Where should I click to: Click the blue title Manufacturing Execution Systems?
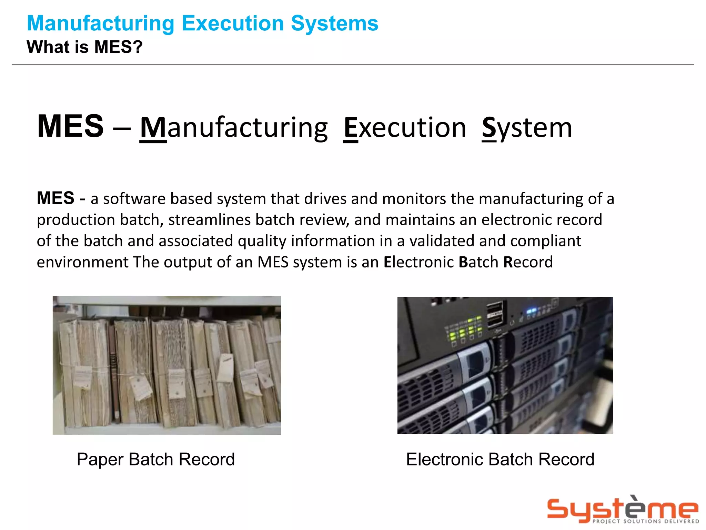[x=202, y=23]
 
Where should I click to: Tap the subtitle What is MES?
[x=84, y=47]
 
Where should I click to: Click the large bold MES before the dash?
[x=70, y=126]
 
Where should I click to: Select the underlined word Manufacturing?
[x=234, y=128]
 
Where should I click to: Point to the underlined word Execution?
[x=405, y=128]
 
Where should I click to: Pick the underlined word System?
[x=527, y=128]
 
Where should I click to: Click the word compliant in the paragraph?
[x=546, y=241]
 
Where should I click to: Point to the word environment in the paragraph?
[x=83, y=262]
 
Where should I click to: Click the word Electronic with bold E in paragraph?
[x=418, y=262]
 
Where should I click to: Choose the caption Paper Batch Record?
[x=156, y=460]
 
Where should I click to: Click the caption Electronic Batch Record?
[x=500, y=460]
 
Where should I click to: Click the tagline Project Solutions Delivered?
[x=646, y=521]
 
